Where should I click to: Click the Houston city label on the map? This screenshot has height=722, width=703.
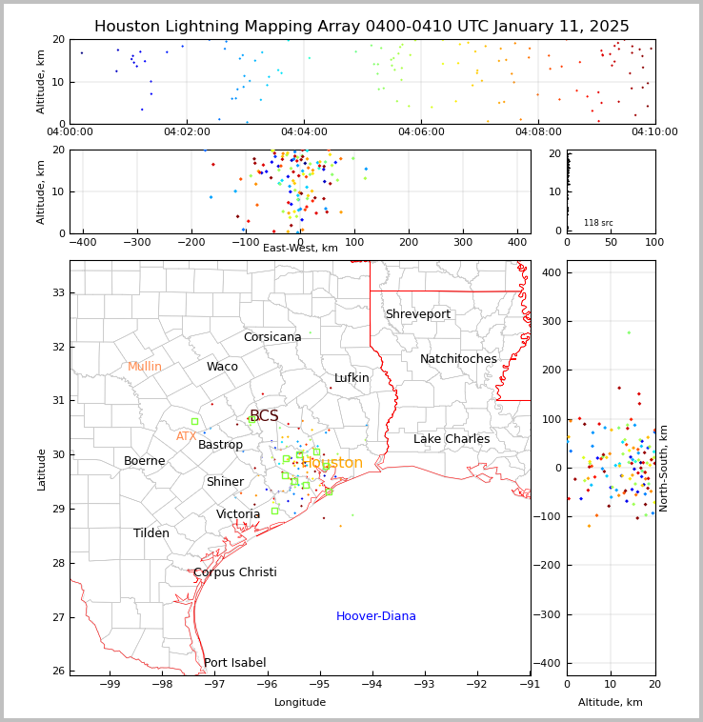[333, 463]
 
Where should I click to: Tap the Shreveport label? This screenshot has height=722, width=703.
[417, 314]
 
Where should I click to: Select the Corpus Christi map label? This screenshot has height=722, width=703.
[234, 572]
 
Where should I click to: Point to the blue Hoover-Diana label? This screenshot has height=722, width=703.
[375, 616]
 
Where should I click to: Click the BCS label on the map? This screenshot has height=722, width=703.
[264, 416]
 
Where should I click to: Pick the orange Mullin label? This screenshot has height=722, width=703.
[145, 367]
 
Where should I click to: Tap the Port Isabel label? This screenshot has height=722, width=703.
[234, 663]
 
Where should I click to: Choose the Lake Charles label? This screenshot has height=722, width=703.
[452, 439]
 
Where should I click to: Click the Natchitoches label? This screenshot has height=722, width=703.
[458, 359]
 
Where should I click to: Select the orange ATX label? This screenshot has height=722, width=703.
[186, 436]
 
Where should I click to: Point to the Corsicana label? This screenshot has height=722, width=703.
[272, 337]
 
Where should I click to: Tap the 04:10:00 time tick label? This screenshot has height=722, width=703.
[654, 132]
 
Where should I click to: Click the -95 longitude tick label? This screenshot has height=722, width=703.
[320, 684]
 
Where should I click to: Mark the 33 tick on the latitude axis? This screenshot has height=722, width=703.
[58, 292]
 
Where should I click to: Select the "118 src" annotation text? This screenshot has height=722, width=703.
[598, 223]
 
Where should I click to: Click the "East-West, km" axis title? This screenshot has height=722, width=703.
[300, 248]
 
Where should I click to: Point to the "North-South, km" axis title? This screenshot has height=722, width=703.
[664, 468]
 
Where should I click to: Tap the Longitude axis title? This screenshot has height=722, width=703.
[300, 702]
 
